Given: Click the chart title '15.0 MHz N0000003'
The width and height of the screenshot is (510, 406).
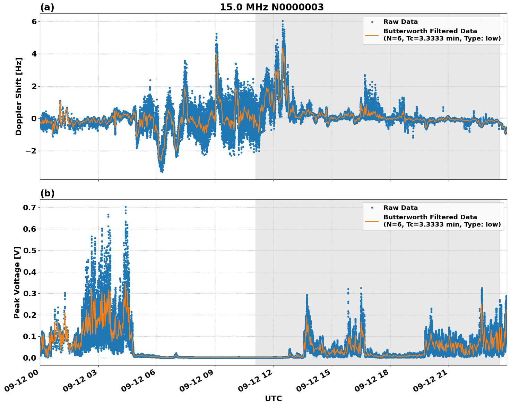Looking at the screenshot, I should (271, 7).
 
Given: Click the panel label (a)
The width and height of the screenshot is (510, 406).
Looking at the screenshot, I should (47, 7).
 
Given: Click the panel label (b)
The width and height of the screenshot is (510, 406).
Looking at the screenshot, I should (47, 193).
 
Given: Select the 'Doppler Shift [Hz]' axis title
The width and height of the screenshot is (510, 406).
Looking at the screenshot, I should (19, 96).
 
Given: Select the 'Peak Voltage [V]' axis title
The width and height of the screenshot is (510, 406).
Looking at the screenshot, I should (17, 282).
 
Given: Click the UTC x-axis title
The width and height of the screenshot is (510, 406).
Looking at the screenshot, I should (273, 398).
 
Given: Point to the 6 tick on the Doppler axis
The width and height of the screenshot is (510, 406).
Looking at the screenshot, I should (34, 21).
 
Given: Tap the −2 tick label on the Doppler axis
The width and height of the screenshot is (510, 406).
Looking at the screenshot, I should (31, 151).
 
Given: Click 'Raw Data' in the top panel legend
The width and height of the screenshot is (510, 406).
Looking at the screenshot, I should (400, 22).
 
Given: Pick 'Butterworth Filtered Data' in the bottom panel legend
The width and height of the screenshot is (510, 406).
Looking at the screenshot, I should (430, 217).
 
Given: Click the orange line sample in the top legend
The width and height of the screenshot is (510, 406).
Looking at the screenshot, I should (372, 35).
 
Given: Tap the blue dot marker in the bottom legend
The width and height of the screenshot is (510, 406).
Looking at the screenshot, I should (372, 208).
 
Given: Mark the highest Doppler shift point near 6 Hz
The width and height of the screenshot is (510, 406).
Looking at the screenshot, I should (283, 21).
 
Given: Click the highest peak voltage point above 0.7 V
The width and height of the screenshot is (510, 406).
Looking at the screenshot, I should (126, 207).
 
